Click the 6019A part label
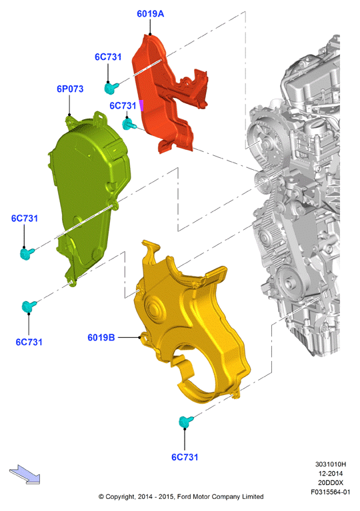tap(150, 14)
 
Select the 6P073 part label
tap(70, 89)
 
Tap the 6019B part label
tap(101, 337)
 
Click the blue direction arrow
tap(25, 474)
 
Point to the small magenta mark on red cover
tap(141, 105)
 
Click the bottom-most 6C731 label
tap(185, 457)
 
